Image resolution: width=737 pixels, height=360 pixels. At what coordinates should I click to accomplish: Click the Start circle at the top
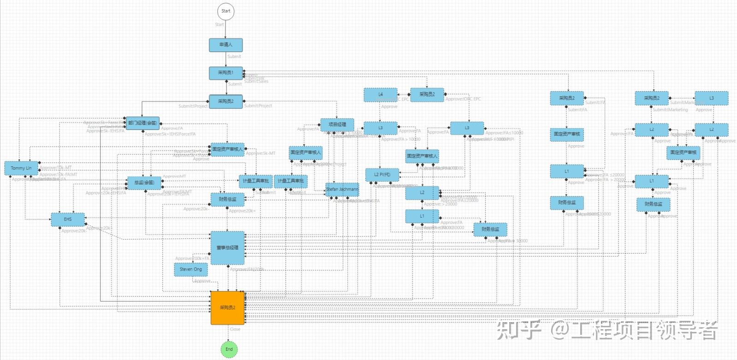click(226, 11)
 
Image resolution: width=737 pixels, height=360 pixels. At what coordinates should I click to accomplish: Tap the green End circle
click(229, 349)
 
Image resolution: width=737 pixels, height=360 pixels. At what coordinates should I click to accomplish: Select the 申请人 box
click(226, 45)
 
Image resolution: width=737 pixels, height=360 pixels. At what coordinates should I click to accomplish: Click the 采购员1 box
click(226, 73)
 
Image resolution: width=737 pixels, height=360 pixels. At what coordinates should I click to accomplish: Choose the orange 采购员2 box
click(227, 307)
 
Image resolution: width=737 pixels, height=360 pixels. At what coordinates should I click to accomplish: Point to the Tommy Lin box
click(21, 168)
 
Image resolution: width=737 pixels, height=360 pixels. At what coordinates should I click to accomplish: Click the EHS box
click(68, 219)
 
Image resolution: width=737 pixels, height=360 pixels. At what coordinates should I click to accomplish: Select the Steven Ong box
click(190, 269)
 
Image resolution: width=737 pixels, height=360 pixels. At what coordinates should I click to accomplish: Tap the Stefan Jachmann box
click(342, 189)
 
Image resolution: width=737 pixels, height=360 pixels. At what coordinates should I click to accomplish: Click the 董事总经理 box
click(227, 248)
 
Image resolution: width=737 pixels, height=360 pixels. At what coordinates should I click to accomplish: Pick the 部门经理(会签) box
click(143, 123)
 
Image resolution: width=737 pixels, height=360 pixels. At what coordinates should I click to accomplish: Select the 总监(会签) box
click(144, 183)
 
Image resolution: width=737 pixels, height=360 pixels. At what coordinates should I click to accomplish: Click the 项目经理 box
click(337, 124)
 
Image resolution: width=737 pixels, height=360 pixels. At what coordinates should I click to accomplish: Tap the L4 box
click(380, 94)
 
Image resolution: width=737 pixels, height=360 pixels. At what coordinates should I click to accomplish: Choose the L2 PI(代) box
click(382, 175)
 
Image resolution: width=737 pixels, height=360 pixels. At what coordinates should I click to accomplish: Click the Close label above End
click(235, 329)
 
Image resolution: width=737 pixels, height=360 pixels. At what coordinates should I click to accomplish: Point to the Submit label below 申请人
click(234, 57)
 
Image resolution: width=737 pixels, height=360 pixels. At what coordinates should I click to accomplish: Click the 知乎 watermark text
click(519, 330)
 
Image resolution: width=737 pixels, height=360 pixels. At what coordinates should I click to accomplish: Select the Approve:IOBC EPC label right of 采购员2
click(463, 99)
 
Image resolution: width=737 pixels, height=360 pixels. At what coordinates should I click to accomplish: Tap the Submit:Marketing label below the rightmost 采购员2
click(670, 110)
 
